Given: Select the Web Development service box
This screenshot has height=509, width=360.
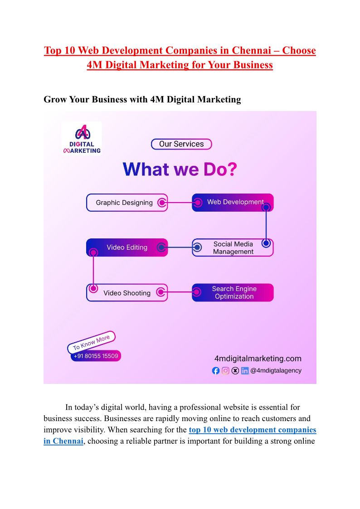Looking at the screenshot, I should tap(233, 202).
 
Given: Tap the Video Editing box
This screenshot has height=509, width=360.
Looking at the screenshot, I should tap(126, 247).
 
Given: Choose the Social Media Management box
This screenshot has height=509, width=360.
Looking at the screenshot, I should tap(233, 247).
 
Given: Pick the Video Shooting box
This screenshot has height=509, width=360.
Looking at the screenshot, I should tap(126, 293).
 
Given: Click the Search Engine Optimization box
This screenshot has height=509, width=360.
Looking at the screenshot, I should tap(233, 293).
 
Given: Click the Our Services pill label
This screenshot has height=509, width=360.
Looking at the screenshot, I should tap(181, 144).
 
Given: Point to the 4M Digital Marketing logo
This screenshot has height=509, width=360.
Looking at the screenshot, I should tap(82, 138).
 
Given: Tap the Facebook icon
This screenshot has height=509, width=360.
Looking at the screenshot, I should tap(216, 371).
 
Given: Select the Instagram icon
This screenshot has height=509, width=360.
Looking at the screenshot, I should tap(225, 371).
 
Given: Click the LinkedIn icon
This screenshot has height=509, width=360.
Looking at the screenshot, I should tap(245, 371).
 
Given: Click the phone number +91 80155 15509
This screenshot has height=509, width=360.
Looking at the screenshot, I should tap(96, 356).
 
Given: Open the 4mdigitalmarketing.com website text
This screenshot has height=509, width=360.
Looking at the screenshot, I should tap(258, 359).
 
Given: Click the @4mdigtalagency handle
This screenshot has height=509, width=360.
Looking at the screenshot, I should tap(276, 371).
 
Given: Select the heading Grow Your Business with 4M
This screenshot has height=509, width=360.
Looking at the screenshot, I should tap(142, 99).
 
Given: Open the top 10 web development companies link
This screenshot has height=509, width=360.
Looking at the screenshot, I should tap(252, 430).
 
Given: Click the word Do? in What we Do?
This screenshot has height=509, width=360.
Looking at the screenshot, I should tap(220, 170).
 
